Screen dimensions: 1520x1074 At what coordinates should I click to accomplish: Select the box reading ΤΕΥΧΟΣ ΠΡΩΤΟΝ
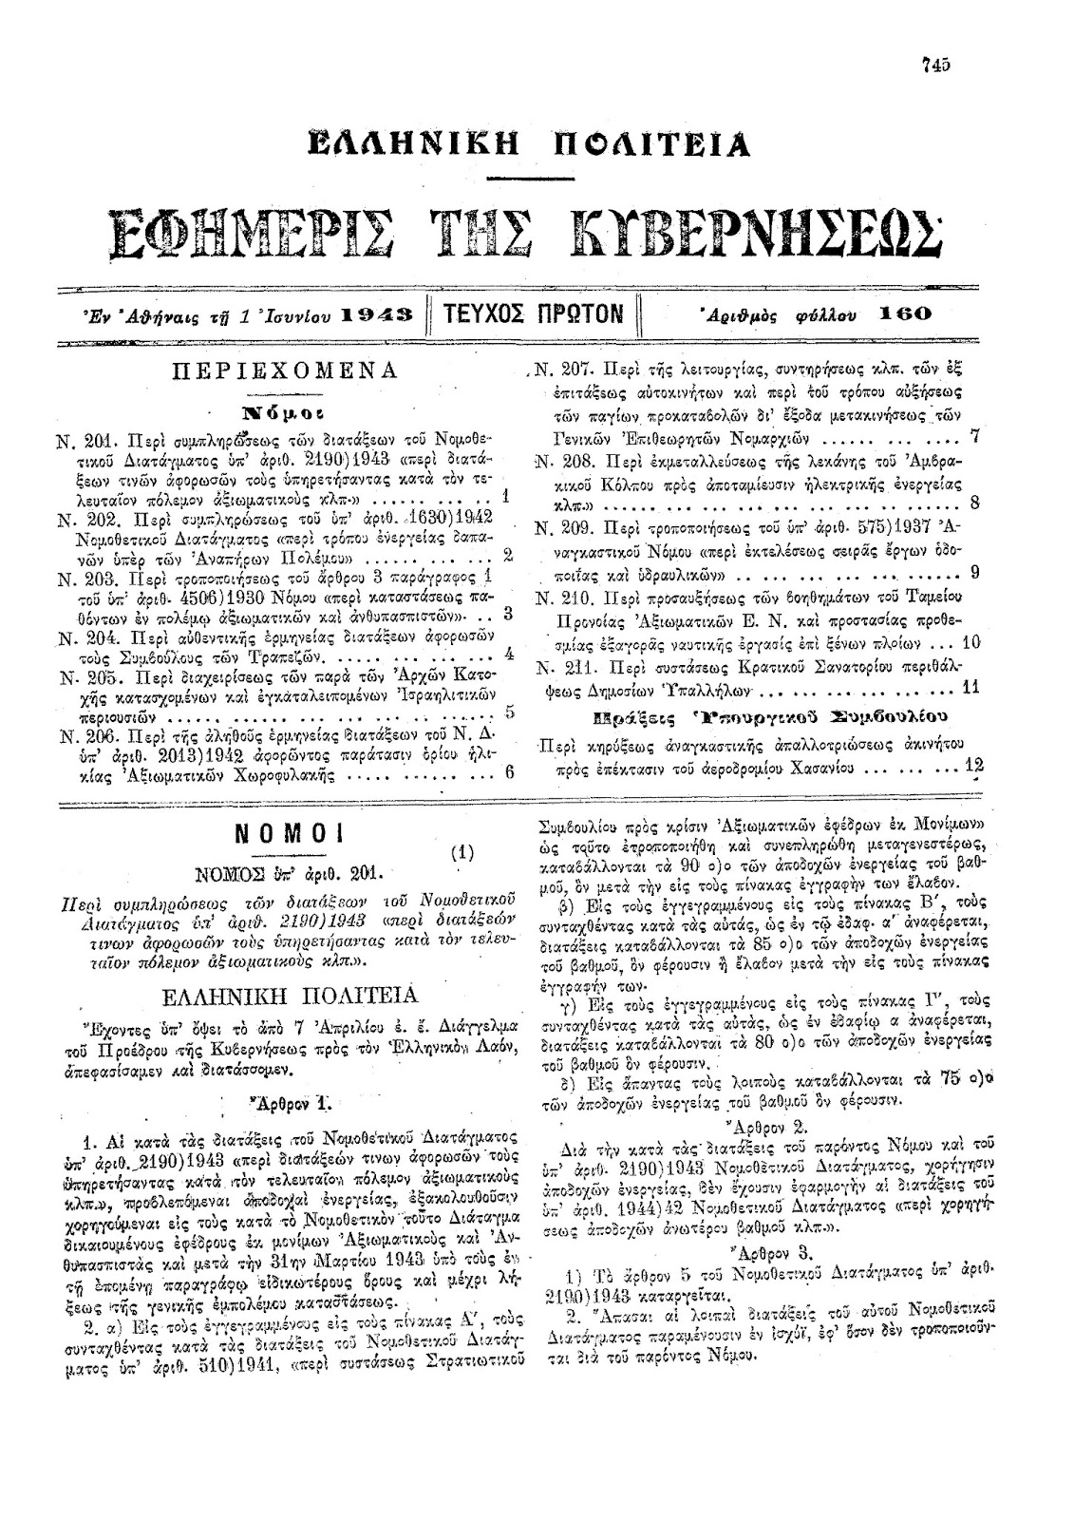537,313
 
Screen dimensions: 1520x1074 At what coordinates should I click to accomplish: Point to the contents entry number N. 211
558,665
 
